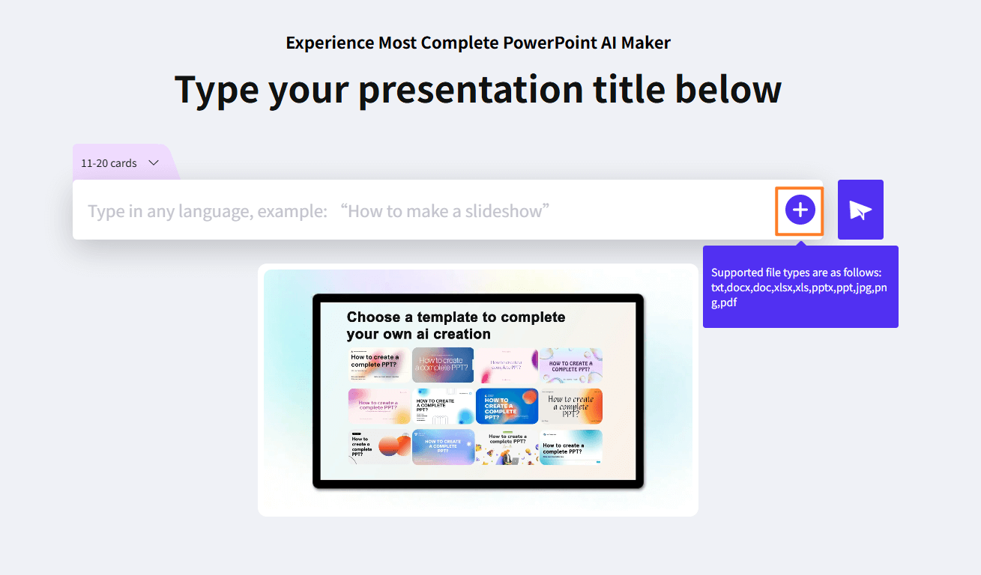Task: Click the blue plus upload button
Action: tap(800, 210)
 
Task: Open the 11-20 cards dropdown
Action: tap(120, 162)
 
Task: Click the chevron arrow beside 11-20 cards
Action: tap(154, 162)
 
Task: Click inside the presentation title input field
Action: tap(420, 210)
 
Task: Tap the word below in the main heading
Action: tap(728, 89)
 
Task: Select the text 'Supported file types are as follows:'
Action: tap(795, 273)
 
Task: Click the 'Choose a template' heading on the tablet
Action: tap(456, 325)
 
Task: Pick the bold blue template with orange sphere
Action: tap(507, 406)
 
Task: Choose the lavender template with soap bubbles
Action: tap(570, 365)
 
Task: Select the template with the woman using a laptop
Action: tap(507, 447)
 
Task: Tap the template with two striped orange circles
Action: tap(379, 447)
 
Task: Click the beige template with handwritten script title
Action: tap(570, 406)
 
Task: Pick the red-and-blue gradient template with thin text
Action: tap(443, 365)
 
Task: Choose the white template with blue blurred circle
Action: tap(443, 406)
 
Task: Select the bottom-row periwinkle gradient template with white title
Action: tap(443, 447)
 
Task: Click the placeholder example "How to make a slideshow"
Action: tap(444, 211)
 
